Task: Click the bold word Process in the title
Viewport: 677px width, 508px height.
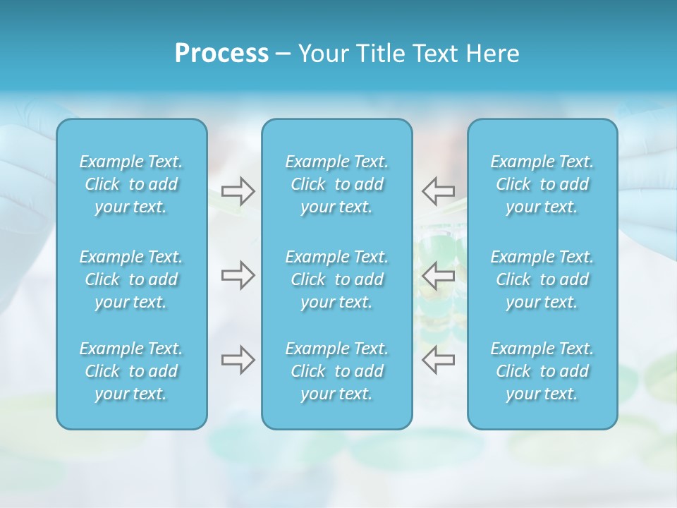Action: (x=221, y=54)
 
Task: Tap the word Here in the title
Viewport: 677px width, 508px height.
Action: (x=492, y=54)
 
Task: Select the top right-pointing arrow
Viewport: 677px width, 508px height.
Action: (x=238, y=191)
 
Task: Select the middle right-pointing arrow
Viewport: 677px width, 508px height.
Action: (x=238, y=275)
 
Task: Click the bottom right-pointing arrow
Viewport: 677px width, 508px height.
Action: (x=238, y=359)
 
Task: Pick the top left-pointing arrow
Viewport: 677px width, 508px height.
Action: (x=438, y=190)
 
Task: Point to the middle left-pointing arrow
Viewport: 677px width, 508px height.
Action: (x=438, y=275)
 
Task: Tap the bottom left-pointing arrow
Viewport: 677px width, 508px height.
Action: (x=438, y=359)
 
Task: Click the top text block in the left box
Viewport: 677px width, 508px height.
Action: (x=131, y=184)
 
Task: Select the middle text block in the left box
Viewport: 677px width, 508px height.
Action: (x=131, y=279)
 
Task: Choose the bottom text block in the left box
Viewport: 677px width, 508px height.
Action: (x=131, y=371)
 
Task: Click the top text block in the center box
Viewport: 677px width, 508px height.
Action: (x=336, y=184)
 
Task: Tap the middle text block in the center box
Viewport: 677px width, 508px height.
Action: (x=336, y=279)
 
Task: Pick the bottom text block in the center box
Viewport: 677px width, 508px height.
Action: (x=336, y=371)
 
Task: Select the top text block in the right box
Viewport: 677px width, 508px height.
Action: (x=542, y=184)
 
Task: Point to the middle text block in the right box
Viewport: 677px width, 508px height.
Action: (x=542, y=279)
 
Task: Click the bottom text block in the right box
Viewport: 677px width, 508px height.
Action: (x=542, y=371)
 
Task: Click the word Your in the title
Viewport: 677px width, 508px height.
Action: (x=322, y=54)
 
